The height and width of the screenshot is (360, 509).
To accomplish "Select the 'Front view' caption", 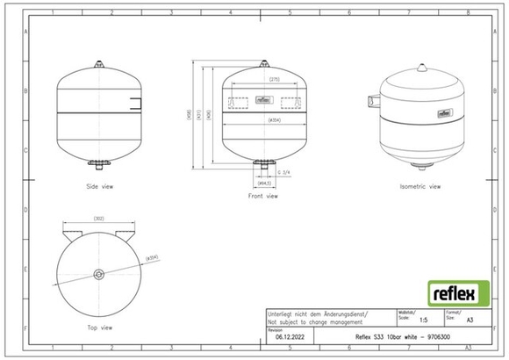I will [x=263, y=196].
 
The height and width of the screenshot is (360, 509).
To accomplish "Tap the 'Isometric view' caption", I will [x=419, y=187].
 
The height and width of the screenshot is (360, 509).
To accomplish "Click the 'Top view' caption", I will [x=99, y=327].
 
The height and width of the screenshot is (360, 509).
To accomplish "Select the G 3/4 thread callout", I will [x=284, y=172].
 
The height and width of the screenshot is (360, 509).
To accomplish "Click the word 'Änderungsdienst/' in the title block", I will [x=341, y=313].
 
